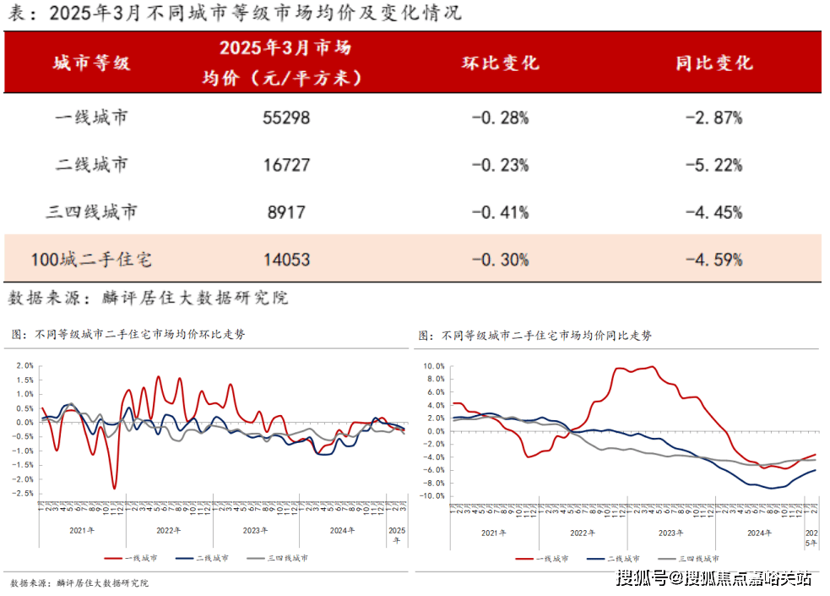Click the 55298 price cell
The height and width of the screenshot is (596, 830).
point(286,118)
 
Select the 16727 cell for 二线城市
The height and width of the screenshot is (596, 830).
point(286,165)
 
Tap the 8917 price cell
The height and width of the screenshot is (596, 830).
point(286,211)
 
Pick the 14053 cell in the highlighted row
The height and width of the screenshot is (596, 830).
point(286,260)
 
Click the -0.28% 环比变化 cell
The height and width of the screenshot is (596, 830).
point(500,118)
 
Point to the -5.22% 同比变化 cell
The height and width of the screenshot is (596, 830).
point(714,165)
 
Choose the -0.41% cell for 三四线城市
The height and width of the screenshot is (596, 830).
point(500,211)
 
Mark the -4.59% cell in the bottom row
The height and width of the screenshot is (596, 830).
point(714,260)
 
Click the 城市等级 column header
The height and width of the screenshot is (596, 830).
point(91,63)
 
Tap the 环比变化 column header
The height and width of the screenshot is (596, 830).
point(500,63)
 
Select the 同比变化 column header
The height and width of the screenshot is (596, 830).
point(714,63)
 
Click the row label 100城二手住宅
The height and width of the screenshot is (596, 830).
point(91,260)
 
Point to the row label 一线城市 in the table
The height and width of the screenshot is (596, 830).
point(91,118)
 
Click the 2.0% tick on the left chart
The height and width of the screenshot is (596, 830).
point(24,366)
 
